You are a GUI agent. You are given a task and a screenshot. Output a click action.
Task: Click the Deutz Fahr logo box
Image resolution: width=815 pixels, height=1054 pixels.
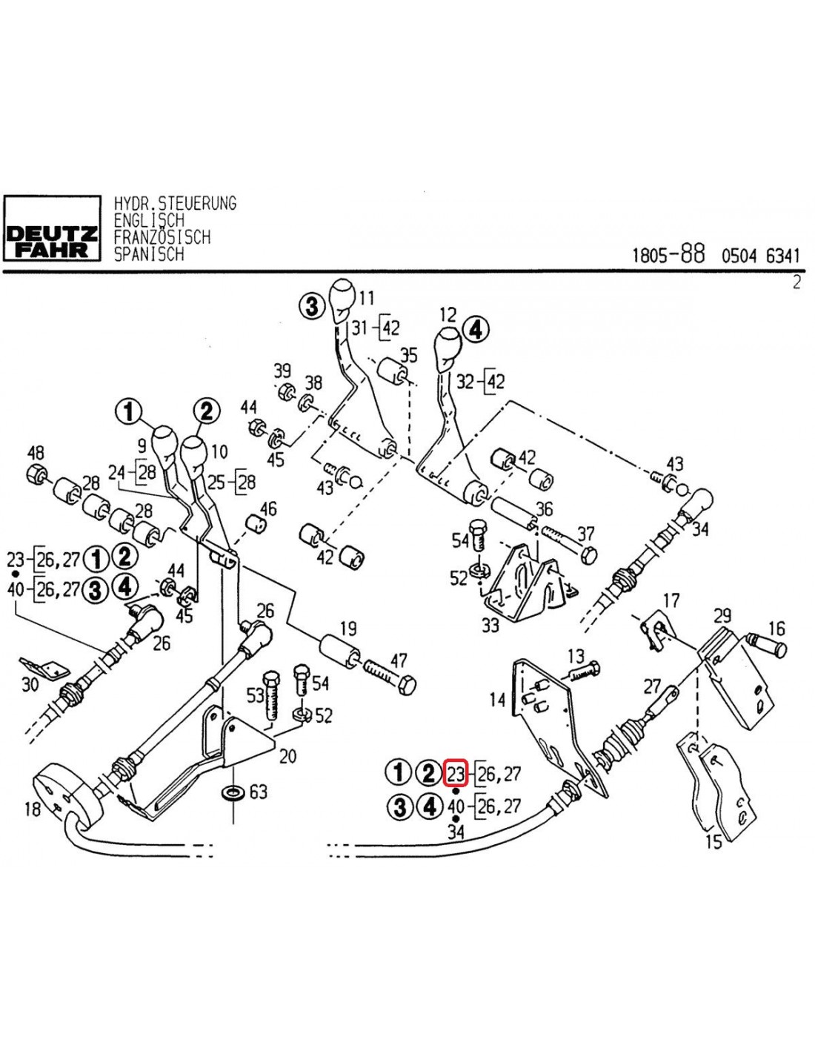point(52,228)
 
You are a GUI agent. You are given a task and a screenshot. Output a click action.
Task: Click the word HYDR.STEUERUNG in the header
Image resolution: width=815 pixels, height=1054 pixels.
point(175,203)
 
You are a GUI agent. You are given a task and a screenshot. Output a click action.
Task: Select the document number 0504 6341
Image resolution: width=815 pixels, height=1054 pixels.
point(761,256)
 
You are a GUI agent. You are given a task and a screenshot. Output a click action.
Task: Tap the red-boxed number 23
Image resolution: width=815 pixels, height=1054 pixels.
point(455,773)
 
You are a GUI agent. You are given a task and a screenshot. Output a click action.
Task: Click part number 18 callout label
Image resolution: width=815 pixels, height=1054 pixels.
point(32,808)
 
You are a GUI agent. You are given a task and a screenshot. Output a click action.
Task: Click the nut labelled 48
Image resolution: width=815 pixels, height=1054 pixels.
point(36,474)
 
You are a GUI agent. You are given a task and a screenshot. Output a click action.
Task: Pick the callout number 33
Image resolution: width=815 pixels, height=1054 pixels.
point(490,625)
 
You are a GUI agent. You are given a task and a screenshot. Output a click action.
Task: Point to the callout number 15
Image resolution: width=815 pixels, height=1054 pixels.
point(713,841)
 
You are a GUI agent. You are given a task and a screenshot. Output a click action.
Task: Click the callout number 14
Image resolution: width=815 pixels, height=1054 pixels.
point(497,699)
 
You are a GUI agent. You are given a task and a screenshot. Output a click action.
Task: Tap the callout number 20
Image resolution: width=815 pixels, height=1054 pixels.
point(287,755)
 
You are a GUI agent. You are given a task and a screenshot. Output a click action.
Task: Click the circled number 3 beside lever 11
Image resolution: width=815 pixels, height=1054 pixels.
point(312,305)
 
